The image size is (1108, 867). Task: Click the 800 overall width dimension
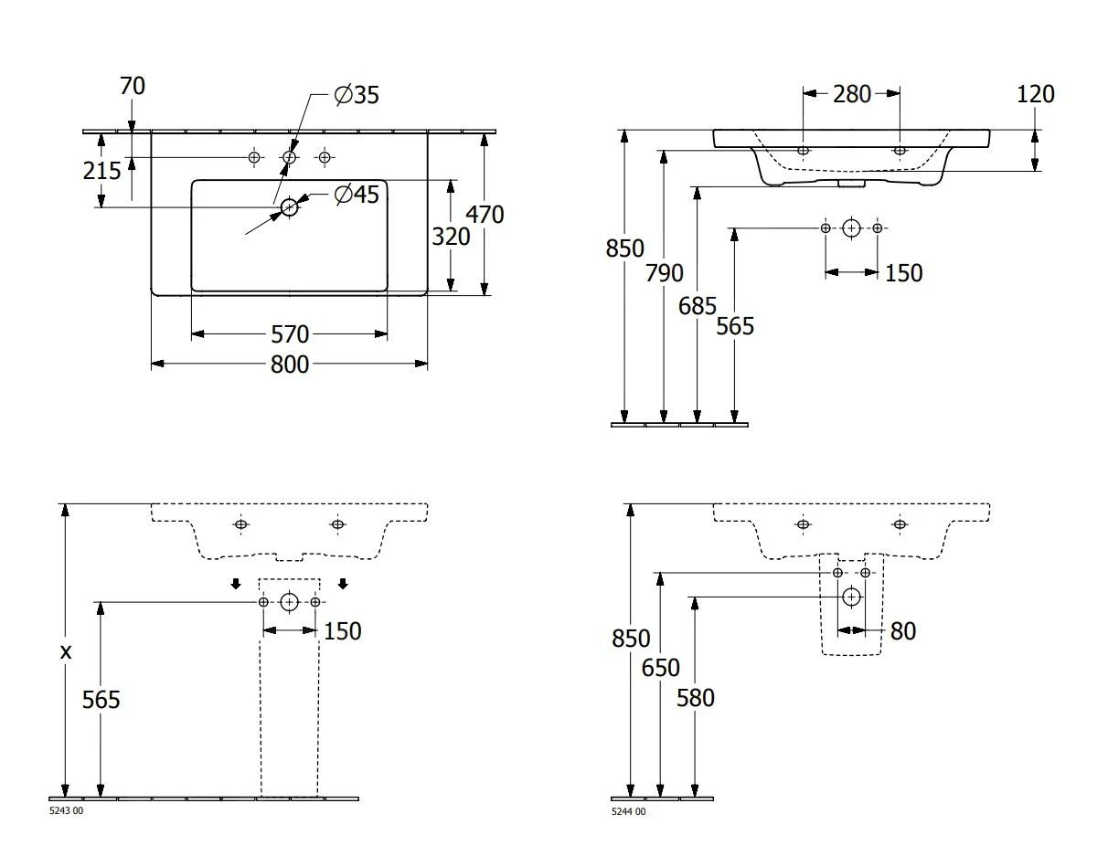point(289,365)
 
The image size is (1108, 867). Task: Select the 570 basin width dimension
point(289,334)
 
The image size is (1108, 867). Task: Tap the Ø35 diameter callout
point(357,95)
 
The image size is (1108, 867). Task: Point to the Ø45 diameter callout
point(357,195)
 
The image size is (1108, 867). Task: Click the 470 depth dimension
point(485,215)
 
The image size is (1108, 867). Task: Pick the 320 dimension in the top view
point(451,237)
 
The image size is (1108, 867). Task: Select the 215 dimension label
point(102,171)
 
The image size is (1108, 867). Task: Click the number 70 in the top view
point(133,87)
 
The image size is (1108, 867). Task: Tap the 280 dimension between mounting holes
point(852,94)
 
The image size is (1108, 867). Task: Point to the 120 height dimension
point(1035,94)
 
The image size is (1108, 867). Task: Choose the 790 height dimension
point(665,273)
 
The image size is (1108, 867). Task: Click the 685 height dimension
point(698,306)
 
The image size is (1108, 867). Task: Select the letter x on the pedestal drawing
point(65,652)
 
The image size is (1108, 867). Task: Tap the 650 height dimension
point(660,669)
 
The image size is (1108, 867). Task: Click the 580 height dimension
point(696,698)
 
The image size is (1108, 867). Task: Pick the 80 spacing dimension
point(902,631)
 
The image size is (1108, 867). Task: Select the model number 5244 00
point(628,811)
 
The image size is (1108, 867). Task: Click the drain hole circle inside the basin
point(290,207)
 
